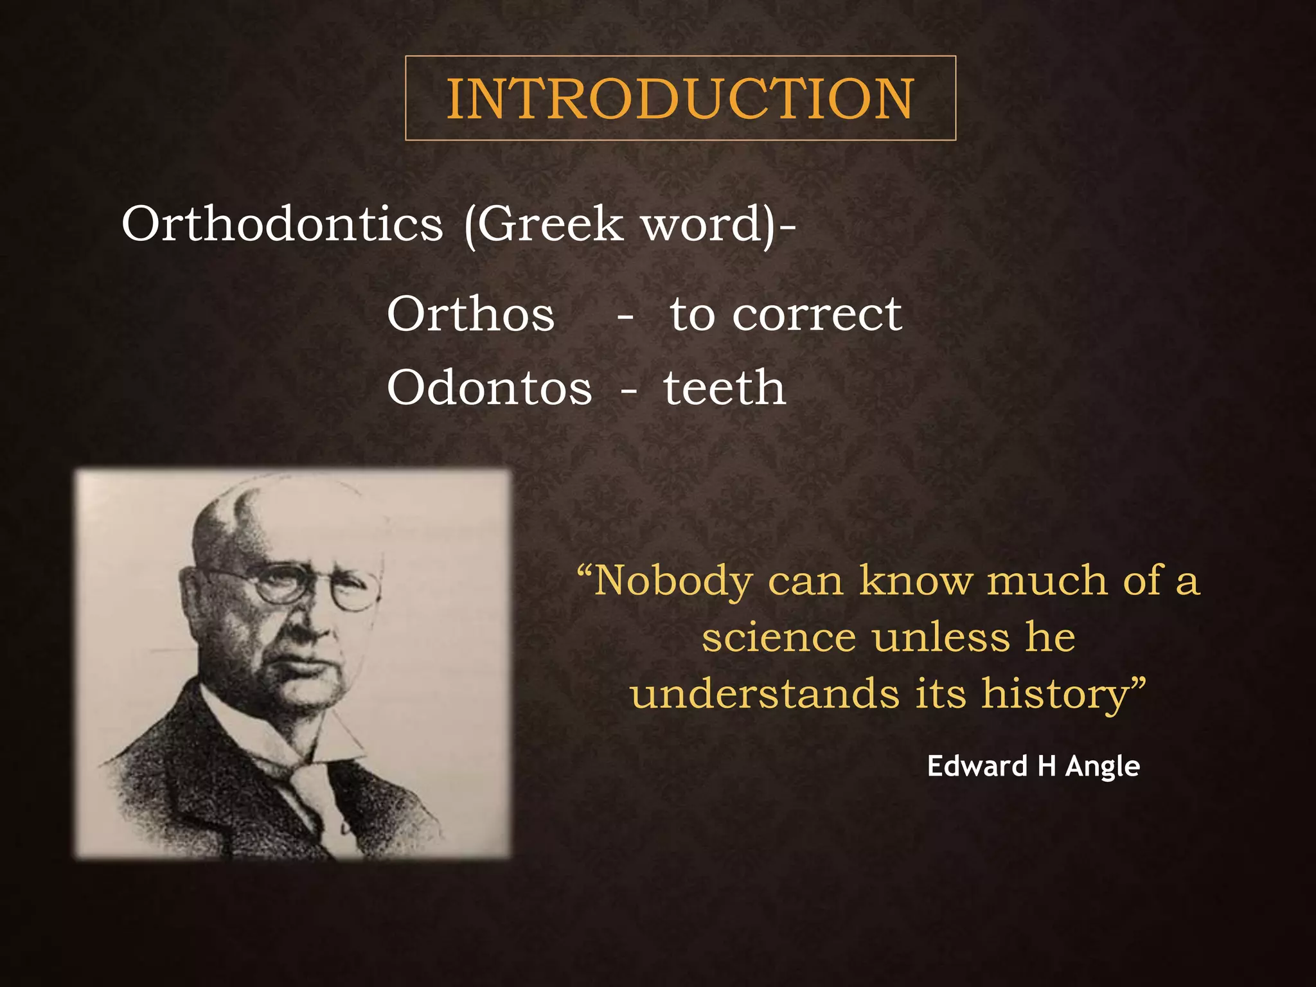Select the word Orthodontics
click(282, 224)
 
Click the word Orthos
click(470, 314)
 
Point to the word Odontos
click(489, 388)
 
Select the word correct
click(817, 314)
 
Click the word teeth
click(724, 388)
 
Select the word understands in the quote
click(765, 695)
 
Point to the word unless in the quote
click(941, 637)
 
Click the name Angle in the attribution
click(1103, 767)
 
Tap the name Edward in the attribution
click(977, 766)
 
